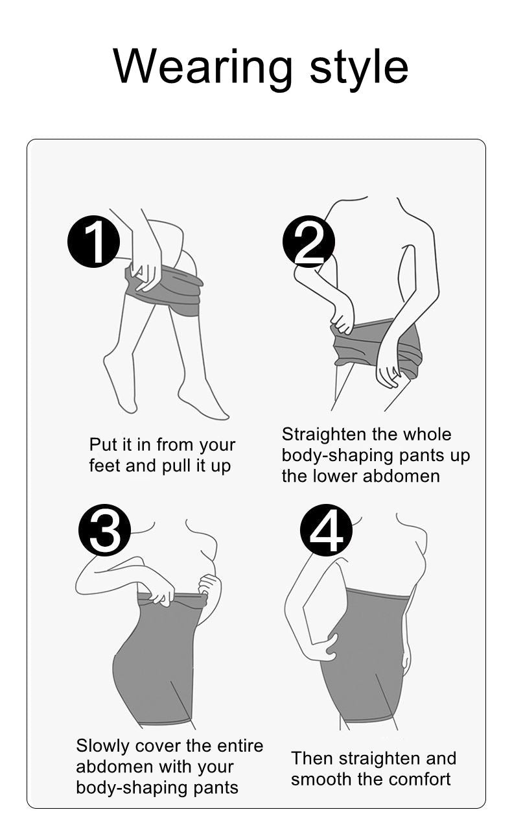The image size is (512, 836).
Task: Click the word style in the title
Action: tap(359, 69)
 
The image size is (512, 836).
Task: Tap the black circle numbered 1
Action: tap(93, 242)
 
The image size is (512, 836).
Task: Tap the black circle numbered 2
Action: tap(308, 241)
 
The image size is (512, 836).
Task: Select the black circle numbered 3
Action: tap(105, 531)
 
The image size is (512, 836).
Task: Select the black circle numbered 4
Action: tap(326, 531)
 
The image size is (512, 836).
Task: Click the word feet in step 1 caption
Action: tap(105, 466)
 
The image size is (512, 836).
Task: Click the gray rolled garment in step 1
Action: tap(165, 290)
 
